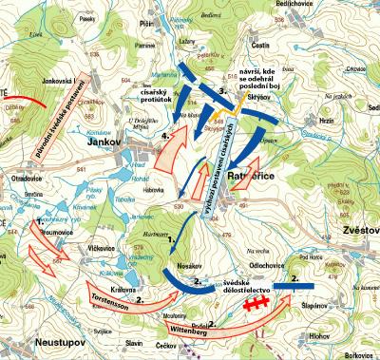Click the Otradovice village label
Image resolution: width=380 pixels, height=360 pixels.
click(26, 176)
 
